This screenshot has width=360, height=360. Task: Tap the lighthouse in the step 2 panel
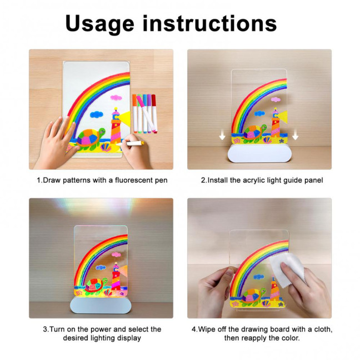pyautogui.click(x=275, y=123)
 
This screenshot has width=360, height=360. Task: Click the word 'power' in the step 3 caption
pyautogui.click(x=104, y=329)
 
